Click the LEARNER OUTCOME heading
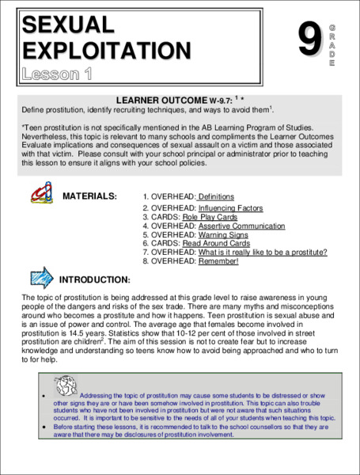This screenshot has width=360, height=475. pos(161,101)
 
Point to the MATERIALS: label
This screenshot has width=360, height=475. pos(89,196)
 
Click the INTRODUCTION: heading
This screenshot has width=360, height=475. pos(95,279)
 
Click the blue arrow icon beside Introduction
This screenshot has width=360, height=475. pos(41,277)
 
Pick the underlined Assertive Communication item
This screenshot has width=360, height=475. pos(241,226)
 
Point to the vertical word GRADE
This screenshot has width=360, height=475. pos(331,46)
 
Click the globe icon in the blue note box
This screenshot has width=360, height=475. pos(66,386)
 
